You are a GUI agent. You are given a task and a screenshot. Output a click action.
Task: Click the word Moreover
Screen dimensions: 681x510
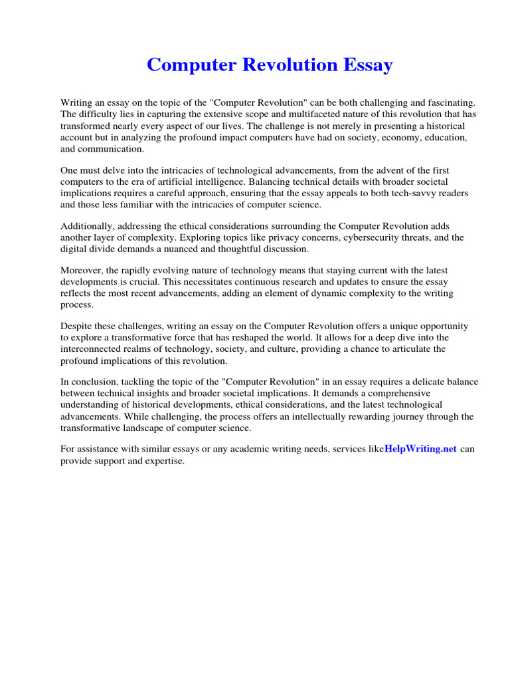pos(82,271)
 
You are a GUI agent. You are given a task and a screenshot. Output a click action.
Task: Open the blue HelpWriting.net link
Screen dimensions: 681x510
pos(420,449)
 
